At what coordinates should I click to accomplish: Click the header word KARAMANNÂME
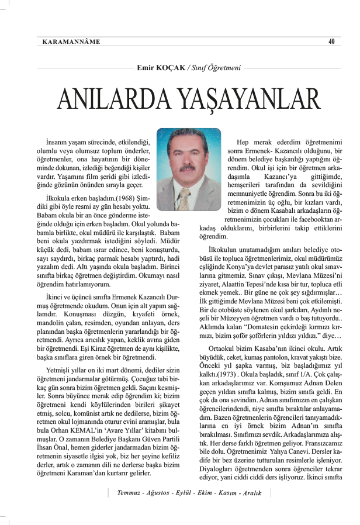click(71, 42)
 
